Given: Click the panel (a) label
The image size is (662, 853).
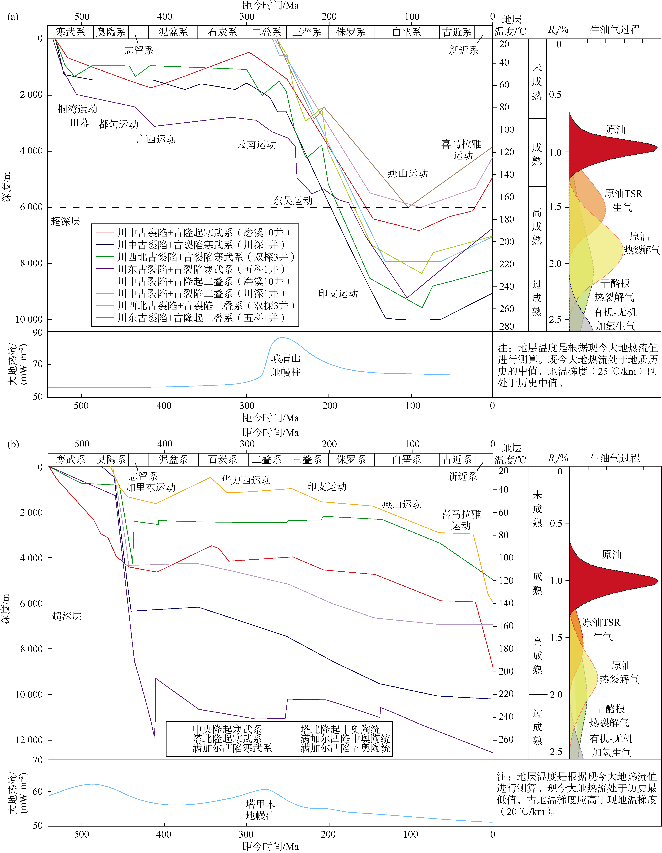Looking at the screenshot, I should tap(13, 17).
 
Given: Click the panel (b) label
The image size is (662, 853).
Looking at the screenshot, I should tap(13, 444).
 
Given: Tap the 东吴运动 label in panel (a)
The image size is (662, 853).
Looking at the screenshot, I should tap(293, 201).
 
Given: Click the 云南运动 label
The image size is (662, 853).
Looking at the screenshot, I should tap(256, 145).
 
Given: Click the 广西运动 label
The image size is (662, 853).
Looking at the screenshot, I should tap(156, 139).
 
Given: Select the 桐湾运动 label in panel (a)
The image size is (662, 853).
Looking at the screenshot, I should tap(77, 109).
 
